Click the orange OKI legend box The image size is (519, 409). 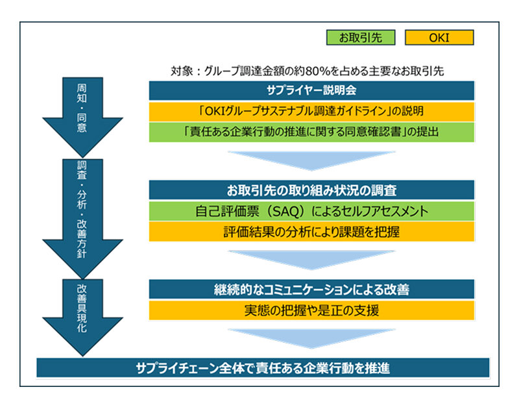click(x=439, y=38)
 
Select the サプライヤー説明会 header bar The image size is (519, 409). click(x=311, y=90)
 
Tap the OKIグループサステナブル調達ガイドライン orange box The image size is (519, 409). click(x=311, y=111)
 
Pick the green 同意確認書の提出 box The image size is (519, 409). click(x=311, y=132)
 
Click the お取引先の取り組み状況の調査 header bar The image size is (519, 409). click(x=311, y=190)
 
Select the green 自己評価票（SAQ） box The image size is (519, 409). click(x=311, y=211)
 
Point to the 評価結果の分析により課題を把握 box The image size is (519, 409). click(x=311, y=232)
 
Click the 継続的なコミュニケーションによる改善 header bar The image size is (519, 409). click(x=311, y=289)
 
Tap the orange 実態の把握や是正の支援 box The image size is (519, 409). click(x=311, y=310)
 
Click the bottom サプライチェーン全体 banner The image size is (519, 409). click(x=263, y=367)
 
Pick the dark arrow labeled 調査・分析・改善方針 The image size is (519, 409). click(x=81, y=214)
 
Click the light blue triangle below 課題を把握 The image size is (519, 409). click(x=311, y=258)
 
